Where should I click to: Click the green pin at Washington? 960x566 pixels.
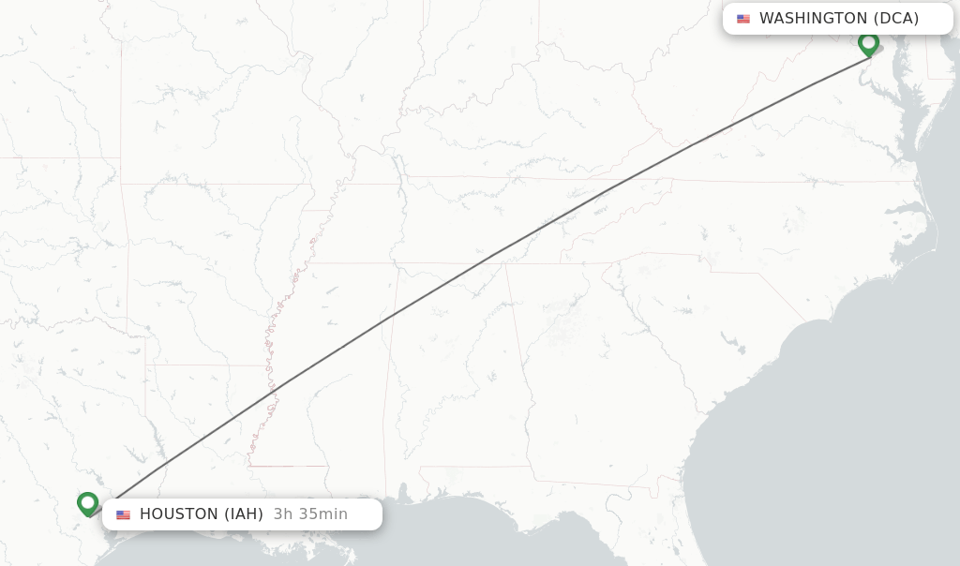pos(868,42)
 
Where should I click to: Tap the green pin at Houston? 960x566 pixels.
pos(88,503)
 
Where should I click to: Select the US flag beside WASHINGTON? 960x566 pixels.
pos(743,19)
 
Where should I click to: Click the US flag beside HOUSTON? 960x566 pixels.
pos(124,514)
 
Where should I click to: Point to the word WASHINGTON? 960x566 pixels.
pos(813,19)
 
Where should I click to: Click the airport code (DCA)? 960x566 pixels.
pos(896,19)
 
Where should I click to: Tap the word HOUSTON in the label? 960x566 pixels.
pos(178,514)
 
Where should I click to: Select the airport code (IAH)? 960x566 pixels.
pos(243,514)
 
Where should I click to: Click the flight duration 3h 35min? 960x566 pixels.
pos(310,514)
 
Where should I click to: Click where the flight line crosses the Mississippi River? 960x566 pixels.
pos(271,387)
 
